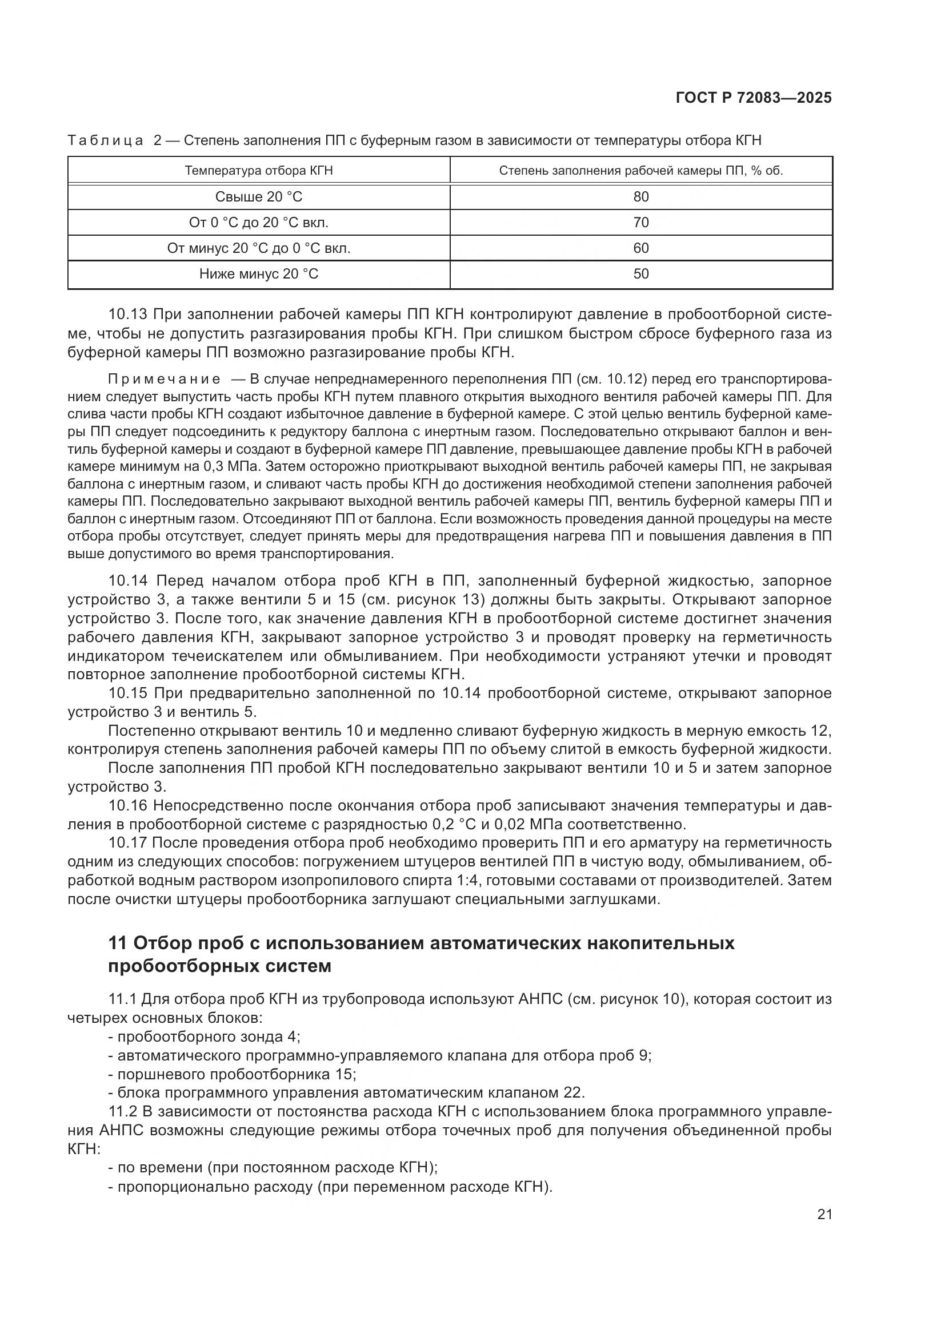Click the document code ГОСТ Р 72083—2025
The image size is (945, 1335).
coord(754,98)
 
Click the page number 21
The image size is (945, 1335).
coord(824,1214)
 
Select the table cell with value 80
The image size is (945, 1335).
coord(640,196)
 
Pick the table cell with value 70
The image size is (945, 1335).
coord(640,222)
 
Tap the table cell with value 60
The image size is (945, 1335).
coord(640,248)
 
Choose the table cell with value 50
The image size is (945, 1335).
coord(640,274)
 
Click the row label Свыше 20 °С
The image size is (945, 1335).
coord(258,196)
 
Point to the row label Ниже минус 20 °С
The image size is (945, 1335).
coord(258,274)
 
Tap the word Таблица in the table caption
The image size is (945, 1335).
coord(105,141)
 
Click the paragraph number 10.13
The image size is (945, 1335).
coord(128,315)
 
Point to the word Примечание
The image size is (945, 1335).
coord(164,380)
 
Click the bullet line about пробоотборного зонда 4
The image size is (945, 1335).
coord(205,1036)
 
